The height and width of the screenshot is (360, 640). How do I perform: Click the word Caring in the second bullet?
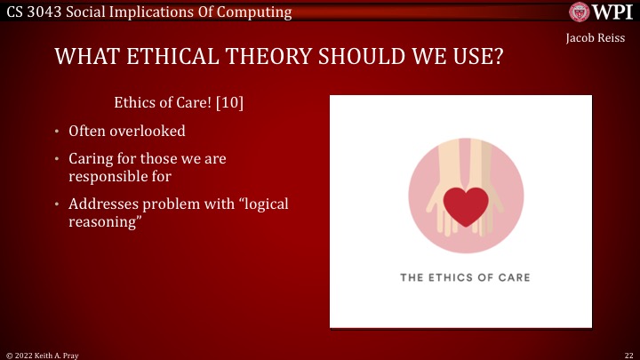coord(90,159)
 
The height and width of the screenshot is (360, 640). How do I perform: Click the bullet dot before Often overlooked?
coord(56,132)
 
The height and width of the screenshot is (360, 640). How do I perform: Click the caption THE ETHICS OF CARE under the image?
coord(465,277)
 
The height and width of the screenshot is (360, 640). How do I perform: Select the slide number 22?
coord(628,354)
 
